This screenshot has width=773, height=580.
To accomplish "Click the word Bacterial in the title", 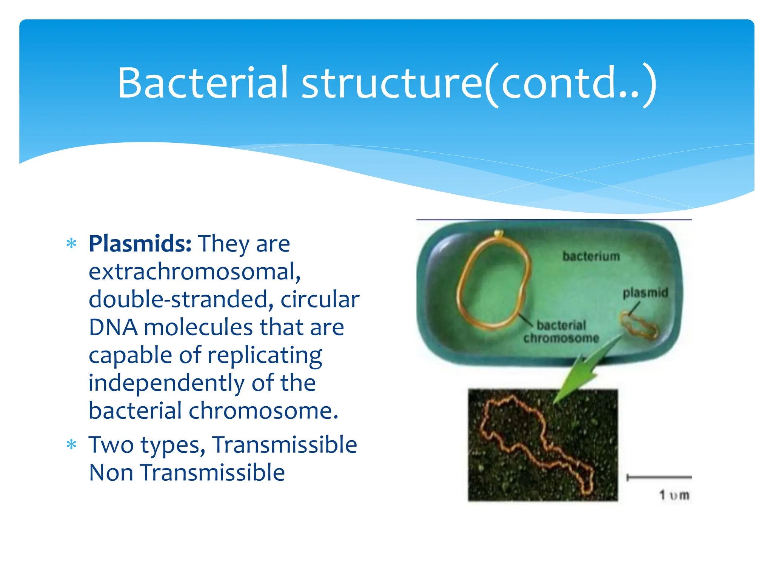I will tap(203, 83).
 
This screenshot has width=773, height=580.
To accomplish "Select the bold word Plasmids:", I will tap(140, 244).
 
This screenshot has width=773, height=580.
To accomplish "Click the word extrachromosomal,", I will tap(194, 272).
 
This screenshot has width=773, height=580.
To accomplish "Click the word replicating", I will tap(265, 355).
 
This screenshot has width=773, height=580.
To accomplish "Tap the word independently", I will tap(166, 383).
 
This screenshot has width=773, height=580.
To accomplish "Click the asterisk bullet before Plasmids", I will tap(71, 244).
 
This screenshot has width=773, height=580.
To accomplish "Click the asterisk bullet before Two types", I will tap(71, 445).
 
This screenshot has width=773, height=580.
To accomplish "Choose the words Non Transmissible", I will tap(187, 473).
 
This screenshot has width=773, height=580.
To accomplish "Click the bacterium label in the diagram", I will tap(591, 256).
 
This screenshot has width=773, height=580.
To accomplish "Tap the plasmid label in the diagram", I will tap(645, 293).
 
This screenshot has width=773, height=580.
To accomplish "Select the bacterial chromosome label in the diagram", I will tap(561, 332).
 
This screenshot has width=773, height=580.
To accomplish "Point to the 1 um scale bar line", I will tap(659, 478).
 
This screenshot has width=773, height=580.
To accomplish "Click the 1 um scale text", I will tap(674, 495).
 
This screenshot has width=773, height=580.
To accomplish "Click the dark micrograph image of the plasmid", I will tap(542, 446).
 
